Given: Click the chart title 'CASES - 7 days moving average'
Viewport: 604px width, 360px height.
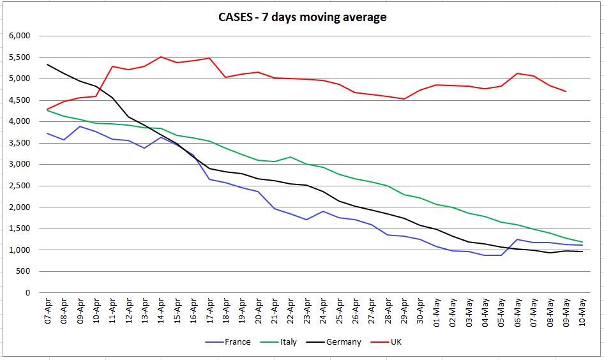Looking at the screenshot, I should [x=301, y=17].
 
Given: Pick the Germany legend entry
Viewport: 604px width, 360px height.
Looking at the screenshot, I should [x=343, y=342].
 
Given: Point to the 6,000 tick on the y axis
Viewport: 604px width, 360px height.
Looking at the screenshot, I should [x=20, y=36].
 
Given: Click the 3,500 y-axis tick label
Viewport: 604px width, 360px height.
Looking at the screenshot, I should [x=20, y=143].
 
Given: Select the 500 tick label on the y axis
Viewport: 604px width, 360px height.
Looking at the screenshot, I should [x=23, y=271].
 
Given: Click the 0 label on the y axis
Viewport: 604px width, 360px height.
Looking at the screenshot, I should [x=27, y=293].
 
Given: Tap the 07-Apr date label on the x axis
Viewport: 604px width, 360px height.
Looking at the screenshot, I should [x=47, y=312].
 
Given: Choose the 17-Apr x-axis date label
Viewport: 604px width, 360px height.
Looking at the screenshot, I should [x=209, y=312].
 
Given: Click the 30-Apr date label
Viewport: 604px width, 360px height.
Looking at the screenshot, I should [x=420, y=312].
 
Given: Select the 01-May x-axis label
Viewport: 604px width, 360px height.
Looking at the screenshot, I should [x=437, y=312].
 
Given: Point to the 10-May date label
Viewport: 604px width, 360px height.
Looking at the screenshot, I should [x=583, y=312].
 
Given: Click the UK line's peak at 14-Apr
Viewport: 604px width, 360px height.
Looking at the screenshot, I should [x=161, y=57].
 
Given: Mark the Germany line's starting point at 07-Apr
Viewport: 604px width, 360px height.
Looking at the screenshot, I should [x=47, y=64].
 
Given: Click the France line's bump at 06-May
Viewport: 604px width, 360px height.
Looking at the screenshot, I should [x=518, y=239].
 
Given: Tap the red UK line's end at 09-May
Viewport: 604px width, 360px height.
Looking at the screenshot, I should [x=566, y=91].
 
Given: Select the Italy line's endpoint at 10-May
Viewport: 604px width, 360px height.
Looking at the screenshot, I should [x=583, y=242].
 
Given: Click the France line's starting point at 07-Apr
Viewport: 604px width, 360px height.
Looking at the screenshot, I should [x=47, y=133].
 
